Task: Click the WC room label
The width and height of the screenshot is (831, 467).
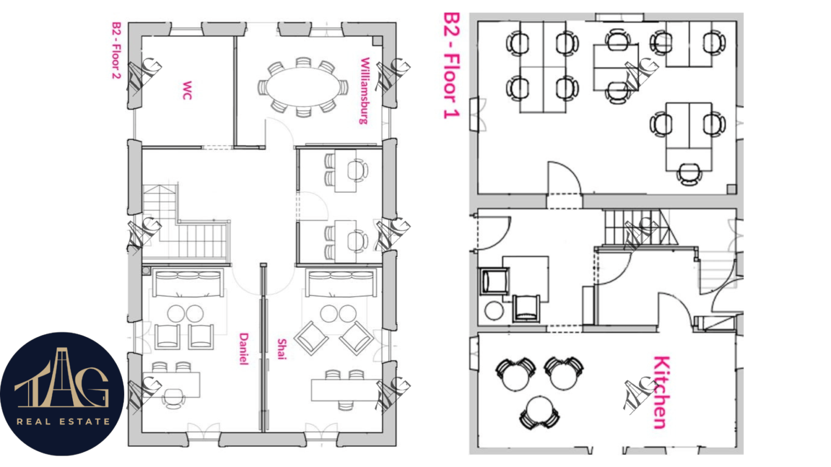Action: click(187, 90)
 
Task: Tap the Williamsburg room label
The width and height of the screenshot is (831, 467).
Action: click(365, 91)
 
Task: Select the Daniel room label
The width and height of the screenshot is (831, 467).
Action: click(244, 349)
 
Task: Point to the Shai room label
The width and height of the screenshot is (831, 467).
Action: click(282, 349)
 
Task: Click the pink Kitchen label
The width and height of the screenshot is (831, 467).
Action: click(662, 392)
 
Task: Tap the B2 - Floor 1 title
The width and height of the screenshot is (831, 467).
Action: click(451, 65)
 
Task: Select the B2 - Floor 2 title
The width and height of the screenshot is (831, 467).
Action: click(116, 50)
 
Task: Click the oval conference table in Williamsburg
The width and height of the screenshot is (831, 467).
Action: click(303, 88)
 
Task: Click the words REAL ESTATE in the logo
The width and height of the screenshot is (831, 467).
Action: click(63, 421)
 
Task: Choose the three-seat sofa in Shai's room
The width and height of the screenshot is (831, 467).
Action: click(341, 283)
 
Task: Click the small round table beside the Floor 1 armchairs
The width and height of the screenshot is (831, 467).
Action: click(494, 311)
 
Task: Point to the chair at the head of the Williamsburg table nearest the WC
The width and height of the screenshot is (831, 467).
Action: click(263, 88)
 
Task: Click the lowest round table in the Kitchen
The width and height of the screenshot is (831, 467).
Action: click(540, 411)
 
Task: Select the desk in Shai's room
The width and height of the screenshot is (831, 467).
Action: click(345, 390)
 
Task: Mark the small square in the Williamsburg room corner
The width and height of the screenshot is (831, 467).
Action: click(377, 41)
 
